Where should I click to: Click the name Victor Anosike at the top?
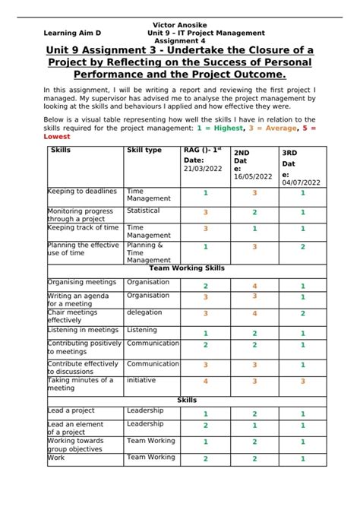(179, 25)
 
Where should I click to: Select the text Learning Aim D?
(72, 33)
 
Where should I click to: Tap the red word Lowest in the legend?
(57, 137)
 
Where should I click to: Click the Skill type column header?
(144, 150)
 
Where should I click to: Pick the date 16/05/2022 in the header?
(253, 176)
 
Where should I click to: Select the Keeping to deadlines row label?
(82, 192)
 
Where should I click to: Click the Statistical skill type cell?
(144, 211)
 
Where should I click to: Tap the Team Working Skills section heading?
(186, 268)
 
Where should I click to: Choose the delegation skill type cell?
(144, 312)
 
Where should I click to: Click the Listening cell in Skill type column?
(143, 330)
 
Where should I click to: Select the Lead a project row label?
(71, 410)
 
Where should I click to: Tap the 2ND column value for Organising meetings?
(254, 286)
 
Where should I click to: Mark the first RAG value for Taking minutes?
(205, 382)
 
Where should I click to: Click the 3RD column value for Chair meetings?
(302, 313)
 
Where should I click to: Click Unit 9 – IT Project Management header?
(206, 33)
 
